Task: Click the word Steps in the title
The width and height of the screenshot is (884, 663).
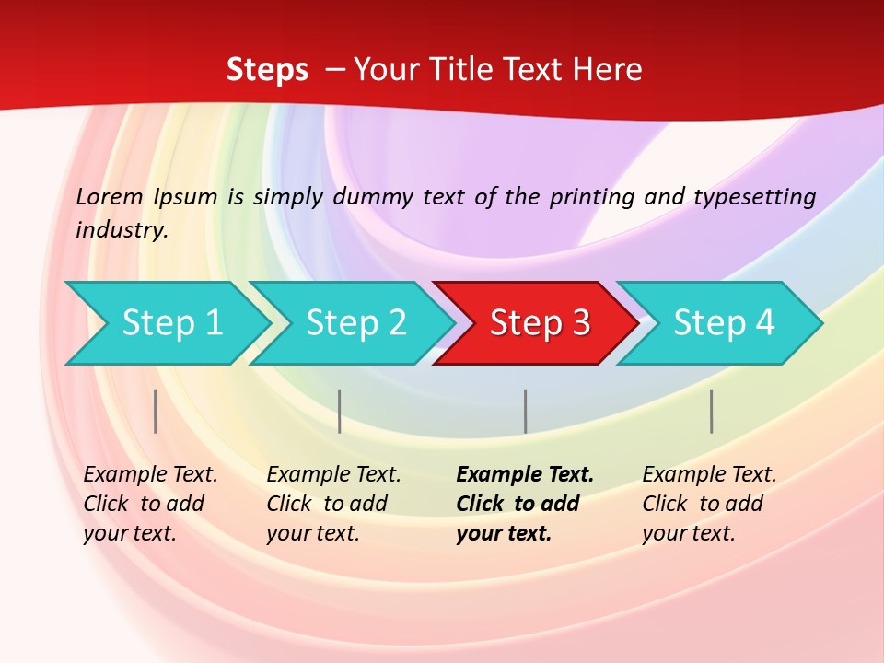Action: click(x=267, y=70)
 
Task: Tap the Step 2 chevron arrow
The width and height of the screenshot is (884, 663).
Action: click(x=355, y=323)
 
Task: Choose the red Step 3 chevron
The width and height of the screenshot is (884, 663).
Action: click(x=539, y=323)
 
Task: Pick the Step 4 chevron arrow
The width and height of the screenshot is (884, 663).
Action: click(x=723, y=323)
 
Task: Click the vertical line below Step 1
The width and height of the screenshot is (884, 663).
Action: click(x=156, y=411)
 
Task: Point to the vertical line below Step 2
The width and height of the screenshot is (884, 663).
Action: click(x=340, y=411)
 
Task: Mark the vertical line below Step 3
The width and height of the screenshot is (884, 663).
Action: click(x=525, y=411)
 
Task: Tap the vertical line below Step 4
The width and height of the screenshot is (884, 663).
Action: click(x=711, y=411)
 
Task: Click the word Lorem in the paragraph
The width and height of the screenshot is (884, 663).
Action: click(x=109, y=197)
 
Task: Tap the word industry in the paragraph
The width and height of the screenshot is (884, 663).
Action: click(x=121, y=230)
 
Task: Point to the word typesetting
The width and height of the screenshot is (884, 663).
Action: click(x=754, y=197)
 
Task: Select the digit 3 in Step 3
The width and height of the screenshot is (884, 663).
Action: click(x=580, y=323)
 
